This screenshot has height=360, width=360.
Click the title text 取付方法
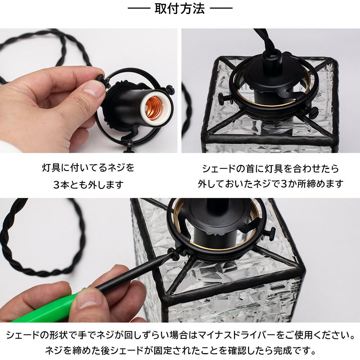coord(180,9)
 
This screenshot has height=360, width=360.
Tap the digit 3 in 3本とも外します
coord(57,185)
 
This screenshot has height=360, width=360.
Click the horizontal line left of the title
coord(139,8)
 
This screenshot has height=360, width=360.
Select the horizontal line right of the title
coord(221,8)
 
